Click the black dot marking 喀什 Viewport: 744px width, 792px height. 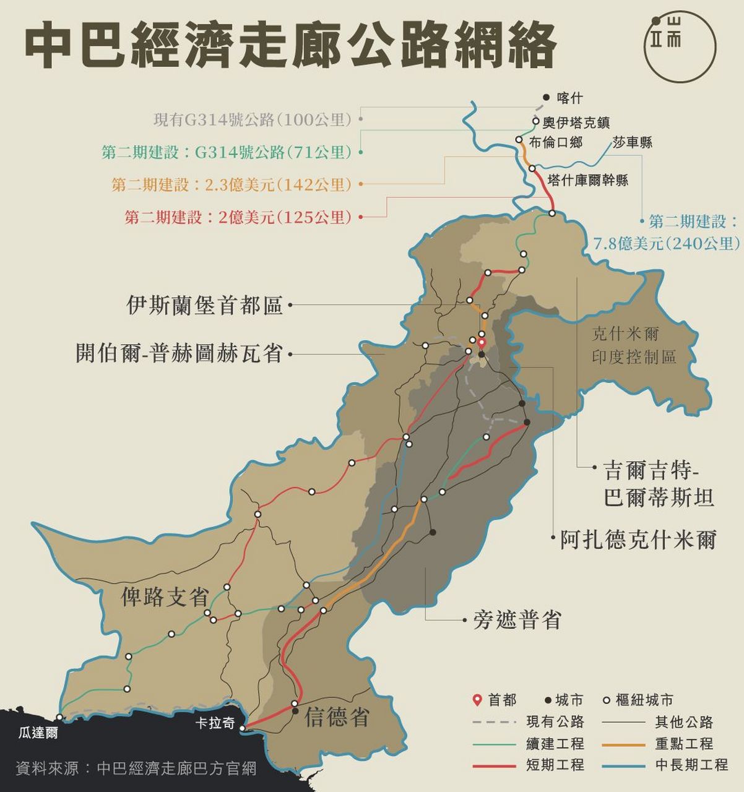click(546, 97)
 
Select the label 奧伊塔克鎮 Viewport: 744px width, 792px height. click(576, 123)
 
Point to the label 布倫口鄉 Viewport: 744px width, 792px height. click(555, 142)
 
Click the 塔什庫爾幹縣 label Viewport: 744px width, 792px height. click(588, 180)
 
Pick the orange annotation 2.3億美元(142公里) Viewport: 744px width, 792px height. click(231, 184)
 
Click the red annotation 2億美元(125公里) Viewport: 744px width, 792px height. click(238, 217)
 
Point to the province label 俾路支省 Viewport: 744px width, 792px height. click(164, 596)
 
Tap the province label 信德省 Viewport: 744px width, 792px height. click(337, 717)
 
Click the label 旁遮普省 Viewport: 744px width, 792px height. click(517, 619)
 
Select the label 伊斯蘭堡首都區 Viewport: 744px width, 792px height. click(204, 305)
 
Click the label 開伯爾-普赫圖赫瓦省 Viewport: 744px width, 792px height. click(179, 353)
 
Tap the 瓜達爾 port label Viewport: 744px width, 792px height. click(38, 733)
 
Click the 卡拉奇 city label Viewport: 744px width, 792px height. click(215, 723)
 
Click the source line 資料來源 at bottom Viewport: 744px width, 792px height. click(136, 768)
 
